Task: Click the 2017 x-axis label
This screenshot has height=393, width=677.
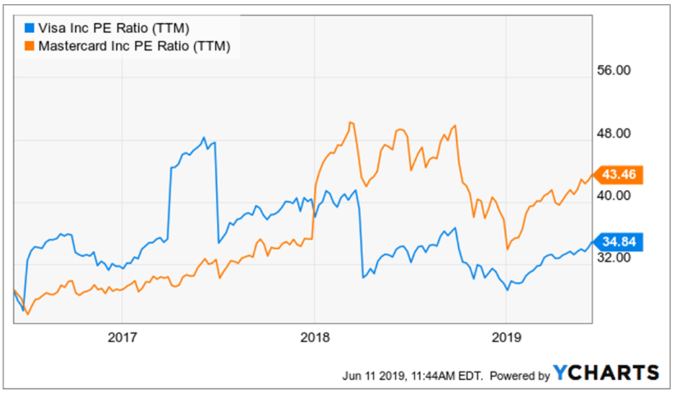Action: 122,337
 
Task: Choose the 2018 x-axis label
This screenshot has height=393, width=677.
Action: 314,337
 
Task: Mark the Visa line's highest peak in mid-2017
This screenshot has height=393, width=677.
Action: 204,138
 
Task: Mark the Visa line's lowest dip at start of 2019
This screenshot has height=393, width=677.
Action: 508,290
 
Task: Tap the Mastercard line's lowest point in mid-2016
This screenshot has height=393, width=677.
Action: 28,314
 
